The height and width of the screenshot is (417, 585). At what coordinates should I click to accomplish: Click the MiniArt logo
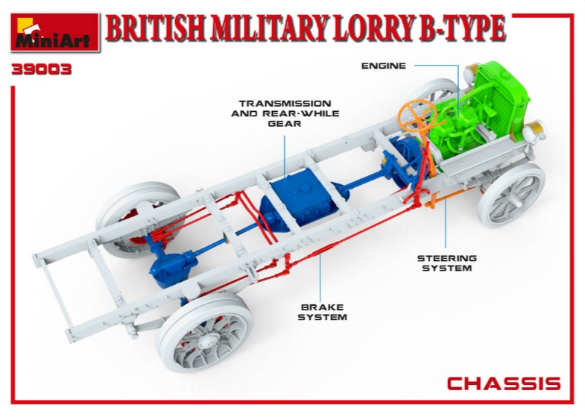pyautogui.click(x=55, y=33)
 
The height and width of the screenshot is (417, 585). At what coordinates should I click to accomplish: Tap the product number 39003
pyautogui.click(x=41, y=70)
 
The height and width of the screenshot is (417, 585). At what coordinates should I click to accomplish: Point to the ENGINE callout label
pyautogui.click(x=384, y=66)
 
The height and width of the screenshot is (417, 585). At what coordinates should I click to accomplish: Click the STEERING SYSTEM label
pyautogui.click(x=446, y=263)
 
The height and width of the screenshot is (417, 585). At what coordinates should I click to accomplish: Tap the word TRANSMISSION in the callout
pyautogui.click(x=285, y=104)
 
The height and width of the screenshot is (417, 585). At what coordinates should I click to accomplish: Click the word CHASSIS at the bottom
pyautogui.click(x=504, y=383)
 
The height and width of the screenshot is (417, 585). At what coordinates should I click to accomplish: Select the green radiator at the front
pyautogui.click(x=502, y=100)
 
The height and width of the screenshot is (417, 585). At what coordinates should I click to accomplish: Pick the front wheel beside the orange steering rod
pyautogui.click(x=512, y=195)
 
